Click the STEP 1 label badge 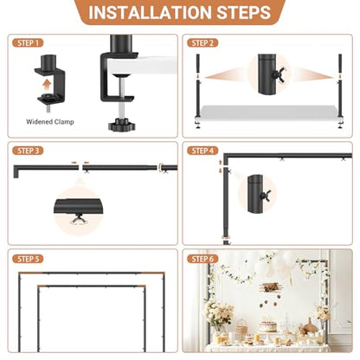pyautogui.click(x=28, y=43)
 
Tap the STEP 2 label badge pyautogui.click(x=202, y=43)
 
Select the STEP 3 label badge pyautogui.click(x=28, y=151)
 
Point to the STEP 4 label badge pyautogui.click(x=202, y=151)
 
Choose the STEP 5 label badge pyautogui.click(x=28, y=259)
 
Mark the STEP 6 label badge pyautogui.click(x=202, y=259)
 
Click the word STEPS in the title pyautogui.click(x=244, y=12)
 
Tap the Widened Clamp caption pyautogui.click(x=50, y=122)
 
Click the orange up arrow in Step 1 pyautogui.click(x=47, y=86)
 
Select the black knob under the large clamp pyautogui.click(x=119, y=124)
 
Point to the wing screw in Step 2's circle pyautogui.click(x=279, y=74)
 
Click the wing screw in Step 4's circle pyautogui.click(x=266, y=196)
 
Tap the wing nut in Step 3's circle pyautogui.click(x=78, y=219)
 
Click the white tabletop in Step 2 pyautogui.click(x=268, y=112)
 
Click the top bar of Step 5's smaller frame pyautogui.click(x=92, y=286)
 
